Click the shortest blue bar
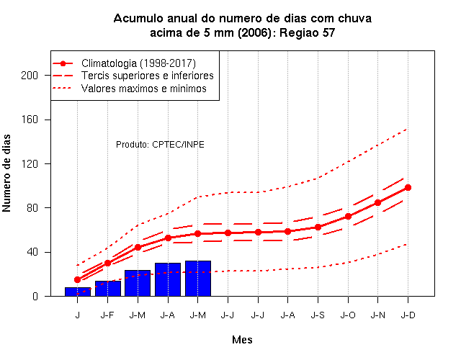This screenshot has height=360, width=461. point(78,292)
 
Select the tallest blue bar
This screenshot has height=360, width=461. point(198,279)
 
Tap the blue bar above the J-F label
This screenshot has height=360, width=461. point(107,288)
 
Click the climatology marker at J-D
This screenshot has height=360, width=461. point(408,187)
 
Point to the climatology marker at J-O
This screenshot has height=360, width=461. point(348,216)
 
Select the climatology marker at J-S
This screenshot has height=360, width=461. point(318,228)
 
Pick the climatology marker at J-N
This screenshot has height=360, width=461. point(377,202)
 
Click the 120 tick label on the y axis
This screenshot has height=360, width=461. point(30,163)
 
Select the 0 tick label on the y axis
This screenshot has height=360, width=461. point(35,296)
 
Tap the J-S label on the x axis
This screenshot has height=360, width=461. point(318,315)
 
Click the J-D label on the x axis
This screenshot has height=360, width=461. point(408,315)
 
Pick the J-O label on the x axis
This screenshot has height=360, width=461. point(348,315)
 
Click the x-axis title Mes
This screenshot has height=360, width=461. point(242,340)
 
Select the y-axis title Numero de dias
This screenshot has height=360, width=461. point(6,173)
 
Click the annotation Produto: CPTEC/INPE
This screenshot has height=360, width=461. point(160,144)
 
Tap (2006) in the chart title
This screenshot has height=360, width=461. point(254,32)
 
